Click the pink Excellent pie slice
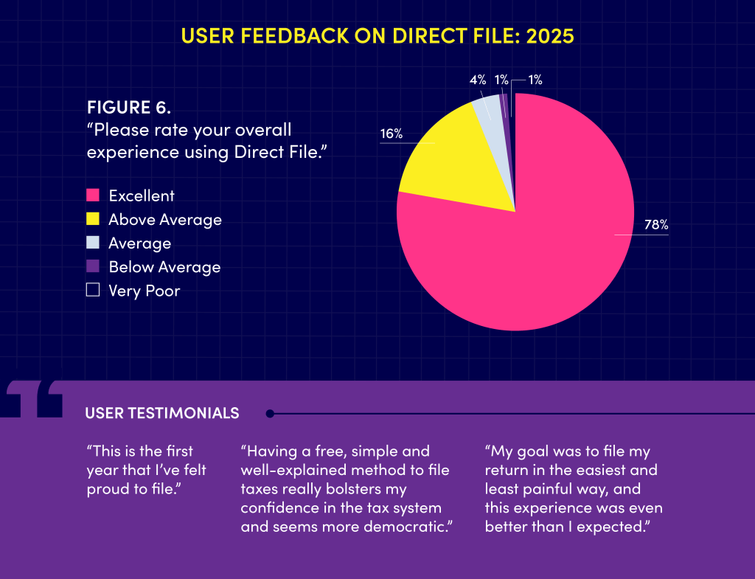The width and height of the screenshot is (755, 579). (531, 251)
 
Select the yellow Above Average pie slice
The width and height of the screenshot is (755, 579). (450, 162)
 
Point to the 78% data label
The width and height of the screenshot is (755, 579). (655, 225)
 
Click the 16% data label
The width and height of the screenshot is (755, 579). (391, 134)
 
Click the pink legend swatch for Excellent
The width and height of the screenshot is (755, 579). (93, 195)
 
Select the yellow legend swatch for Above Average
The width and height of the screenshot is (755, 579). (93, 219)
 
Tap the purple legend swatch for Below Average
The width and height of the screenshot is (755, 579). (93, 266)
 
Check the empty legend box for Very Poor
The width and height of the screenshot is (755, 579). (93, 290)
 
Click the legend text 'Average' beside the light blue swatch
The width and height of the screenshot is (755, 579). (139, 243)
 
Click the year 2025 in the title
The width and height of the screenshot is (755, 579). (549, 36)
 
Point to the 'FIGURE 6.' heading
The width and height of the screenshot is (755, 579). (129, 107)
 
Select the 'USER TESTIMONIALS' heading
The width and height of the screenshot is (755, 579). (162, 413)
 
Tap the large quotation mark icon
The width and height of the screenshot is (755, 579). (34, 400)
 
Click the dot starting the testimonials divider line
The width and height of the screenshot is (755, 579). (270, 413)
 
